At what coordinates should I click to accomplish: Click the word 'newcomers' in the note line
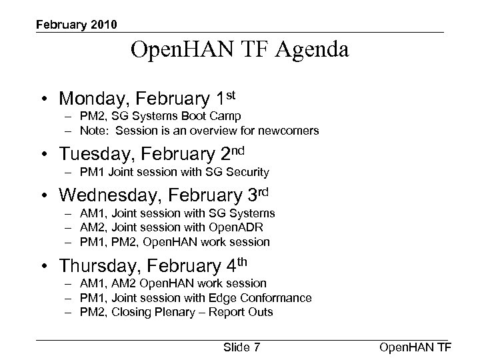click(288, 130)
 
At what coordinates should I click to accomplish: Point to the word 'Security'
click(247, 172)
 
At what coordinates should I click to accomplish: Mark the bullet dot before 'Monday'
click(43, 99)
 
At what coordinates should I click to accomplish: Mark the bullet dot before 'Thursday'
click(43, 267)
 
